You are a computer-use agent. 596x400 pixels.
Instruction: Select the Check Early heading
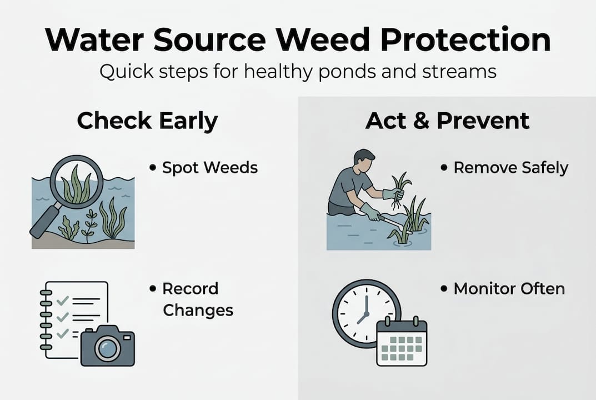click(147, 121)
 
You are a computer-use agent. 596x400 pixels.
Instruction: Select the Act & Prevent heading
click(447, 121)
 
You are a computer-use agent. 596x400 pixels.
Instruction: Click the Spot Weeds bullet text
click(210, 167)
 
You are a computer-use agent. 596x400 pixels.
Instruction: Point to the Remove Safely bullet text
click(510, 167)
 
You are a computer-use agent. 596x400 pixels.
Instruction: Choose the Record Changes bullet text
click(197, 299)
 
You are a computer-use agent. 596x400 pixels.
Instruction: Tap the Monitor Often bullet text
click(509, 288)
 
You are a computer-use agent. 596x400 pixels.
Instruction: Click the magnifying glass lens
click(77, 183)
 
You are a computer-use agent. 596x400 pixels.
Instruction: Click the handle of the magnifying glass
click(45, 223)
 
